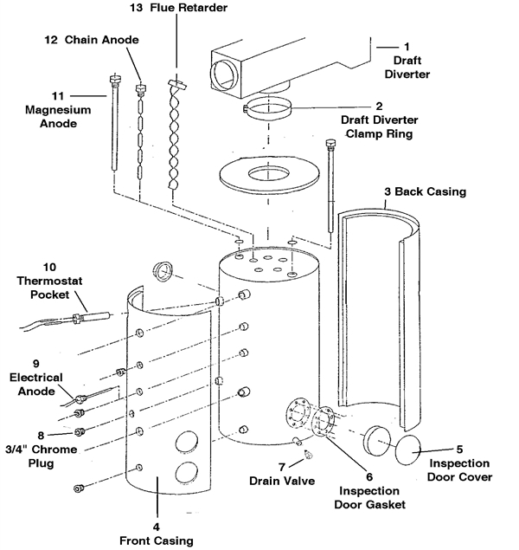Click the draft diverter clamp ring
(270, 111)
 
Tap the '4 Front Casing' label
(157, 533)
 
